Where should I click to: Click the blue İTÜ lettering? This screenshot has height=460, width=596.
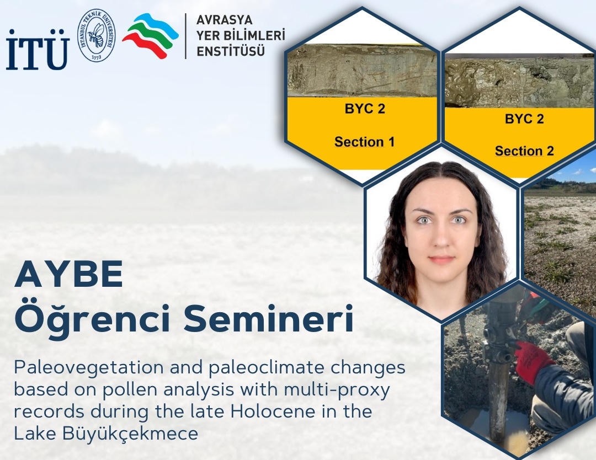pyautogui.click(x=38, y=50)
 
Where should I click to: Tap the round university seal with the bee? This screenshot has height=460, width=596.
pyautogui.click(x=97, y=35)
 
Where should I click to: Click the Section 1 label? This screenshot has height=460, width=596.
pyautogui.click(x=365, y=142)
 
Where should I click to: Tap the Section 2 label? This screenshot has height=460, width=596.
pyautogui.click(x=524, y=151)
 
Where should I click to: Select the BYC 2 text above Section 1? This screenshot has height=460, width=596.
pyautogui.click(x=365, y=109)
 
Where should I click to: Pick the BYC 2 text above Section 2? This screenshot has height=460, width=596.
pyautogui.click(x=524, y=119)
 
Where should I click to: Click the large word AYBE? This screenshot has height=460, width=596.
pyautogui.click(x=69, y=274)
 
